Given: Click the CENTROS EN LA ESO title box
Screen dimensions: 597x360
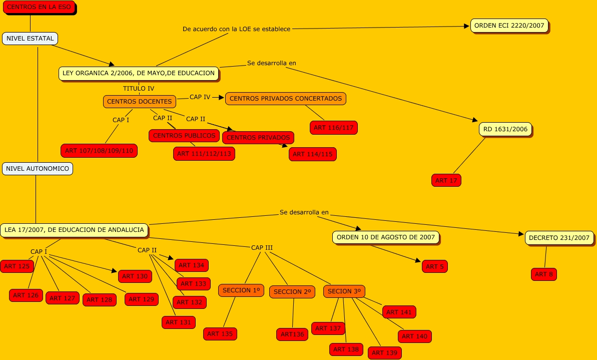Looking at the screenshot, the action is point(39,7).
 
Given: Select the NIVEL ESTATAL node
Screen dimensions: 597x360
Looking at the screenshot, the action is point(30,39).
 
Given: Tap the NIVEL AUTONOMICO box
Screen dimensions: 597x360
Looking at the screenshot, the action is point(38,168).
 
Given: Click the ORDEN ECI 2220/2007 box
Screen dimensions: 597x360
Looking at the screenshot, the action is point(509,26).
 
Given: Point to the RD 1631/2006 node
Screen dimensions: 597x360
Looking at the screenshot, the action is point(505,129).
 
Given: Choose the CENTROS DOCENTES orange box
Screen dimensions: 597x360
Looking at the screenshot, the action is point(139,101).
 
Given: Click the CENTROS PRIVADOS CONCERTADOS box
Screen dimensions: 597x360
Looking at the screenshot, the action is point(286,98).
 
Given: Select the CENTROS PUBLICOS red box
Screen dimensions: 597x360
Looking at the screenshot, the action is point(184,136).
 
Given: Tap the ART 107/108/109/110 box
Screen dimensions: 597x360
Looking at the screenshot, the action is point(99,151).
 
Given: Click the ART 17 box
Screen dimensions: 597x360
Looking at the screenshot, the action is point(446,180).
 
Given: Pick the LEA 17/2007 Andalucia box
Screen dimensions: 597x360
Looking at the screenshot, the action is point(74,230).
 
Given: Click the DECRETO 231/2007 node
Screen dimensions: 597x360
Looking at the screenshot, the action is point(559,238).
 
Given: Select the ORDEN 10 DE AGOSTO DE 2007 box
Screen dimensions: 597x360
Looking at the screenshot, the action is point(386,237).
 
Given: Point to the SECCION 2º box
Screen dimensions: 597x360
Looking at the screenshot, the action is point(292,292).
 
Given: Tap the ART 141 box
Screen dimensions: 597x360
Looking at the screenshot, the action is point(399,312).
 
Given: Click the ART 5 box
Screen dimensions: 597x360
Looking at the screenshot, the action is point(435,266).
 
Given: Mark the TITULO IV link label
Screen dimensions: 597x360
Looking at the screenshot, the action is point(139,89).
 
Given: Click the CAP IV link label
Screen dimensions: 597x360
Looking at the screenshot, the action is point(200,97).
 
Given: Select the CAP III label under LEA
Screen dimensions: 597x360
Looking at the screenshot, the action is point(262,248).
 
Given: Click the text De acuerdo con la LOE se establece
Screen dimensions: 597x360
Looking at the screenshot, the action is point(236,29).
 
